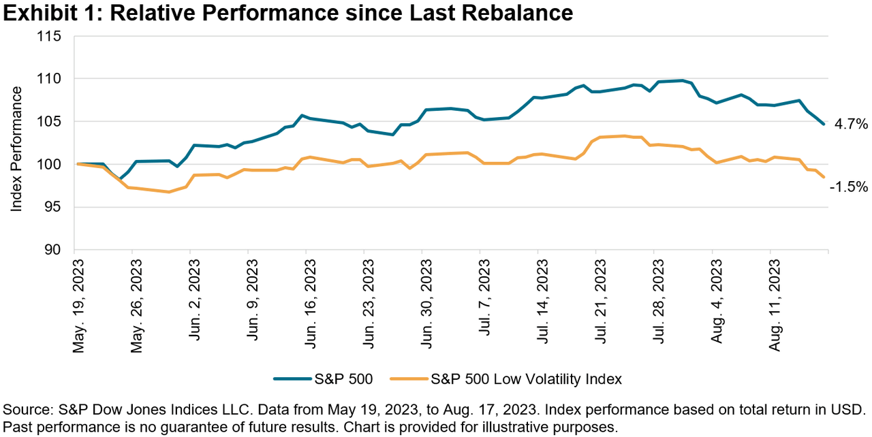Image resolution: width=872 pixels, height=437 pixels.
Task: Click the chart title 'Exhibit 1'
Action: click(x=52, y=12)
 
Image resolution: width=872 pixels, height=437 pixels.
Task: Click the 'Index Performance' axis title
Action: click(x=16, y=143)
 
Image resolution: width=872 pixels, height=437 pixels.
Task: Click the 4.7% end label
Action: click(x=851, y=124)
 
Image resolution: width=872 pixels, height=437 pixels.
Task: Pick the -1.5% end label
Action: click(x=848, y=185)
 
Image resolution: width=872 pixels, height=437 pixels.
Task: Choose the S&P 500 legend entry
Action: click(x=323, y=379)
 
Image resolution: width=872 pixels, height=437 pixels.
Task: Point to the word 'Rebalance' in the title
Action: click(x=518, y=12)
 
